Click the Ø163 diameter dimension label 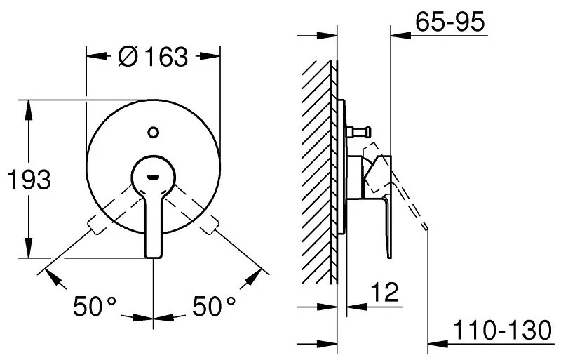coord(153,56)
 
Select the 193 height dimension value coord(28,180)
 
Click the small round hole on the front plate coord(153,130)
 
